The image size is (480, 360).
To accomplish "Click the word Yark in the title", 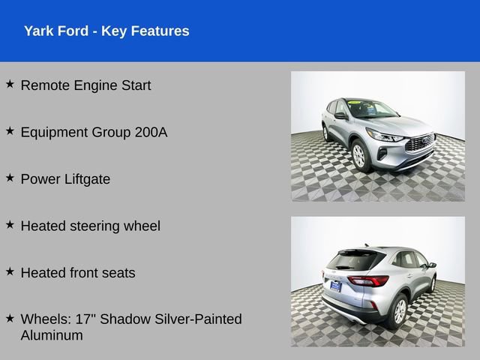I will pos(39,31).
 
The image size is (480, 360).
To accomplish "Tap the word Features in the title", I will pos(160,31).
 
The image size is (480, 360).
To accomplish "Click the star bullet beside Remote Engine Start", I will pos(10,84).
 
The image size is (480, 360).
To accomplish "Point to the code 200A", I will pos(151,132).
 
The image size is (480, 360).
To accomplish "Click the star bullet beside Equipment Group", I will pos(10,130).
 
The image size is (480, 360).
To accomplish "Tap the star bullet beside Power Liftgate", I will pos(10,177).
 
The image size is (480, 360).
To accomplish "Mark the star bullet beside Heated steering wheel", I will pos(10,223).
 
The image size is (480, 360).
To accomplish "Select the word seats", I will pos(118,273).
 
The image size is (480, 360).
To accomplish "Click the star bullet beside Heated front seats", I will pos(10,271).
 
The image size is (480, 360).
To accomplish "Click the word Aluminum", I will pos(52,335).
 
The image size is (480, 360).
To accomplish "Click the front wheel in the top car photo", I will pos(359,155).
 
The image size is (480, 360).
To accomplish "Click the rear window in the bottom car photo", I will pos(355,260).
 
